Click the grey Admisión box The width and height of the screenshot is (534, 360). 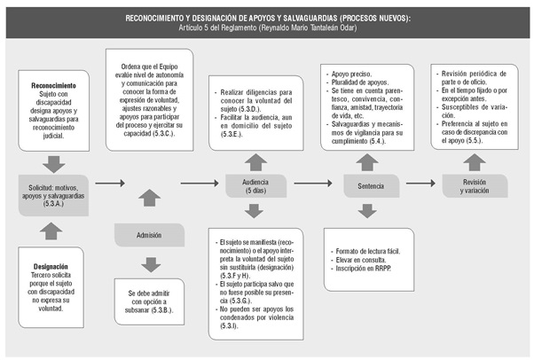[x=149, y=235]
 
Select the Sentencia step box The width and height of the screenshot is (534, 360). [x=371, y=186]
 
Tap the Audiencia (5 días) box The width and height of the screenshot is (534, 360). [x=255, y=186]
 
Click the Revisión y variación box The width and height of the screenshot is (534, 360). [x=475, y=186]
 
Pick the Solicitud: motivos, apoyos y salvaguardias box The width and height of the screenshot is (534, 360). [x=53, y=195]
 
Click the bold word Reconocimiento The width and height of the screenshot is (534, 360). [x=53, y=85]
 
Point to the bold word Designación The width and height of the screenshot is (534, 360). [x=51, y=267]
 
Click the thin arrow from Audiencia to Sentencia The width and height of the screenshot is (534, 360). [x=313, y=184]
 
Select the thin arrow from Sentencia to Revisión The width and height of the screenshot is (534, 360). [x=420, y=184]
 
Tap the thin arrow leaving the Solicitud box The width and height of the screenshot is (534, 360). [x=110, y=184]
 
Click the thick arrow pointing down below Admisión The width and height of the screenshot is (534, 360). [x=151, y=264]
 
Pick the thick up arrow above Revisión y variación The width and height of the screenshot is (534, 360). [x=475, y=162]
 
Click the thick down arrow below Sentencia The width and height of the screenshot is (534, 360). [x=367, y=211]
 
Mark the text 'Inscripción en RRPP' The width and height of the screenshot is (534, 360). [x=363, y=269]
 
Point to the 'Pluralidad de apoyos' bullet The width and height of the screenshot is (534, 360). [x=360, y=82]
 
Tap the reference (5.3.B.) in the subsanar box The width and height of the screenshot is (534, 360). [x=159, y=310]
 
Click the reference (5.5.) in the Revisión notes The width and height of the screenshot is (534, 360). [x=474, y=140]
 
